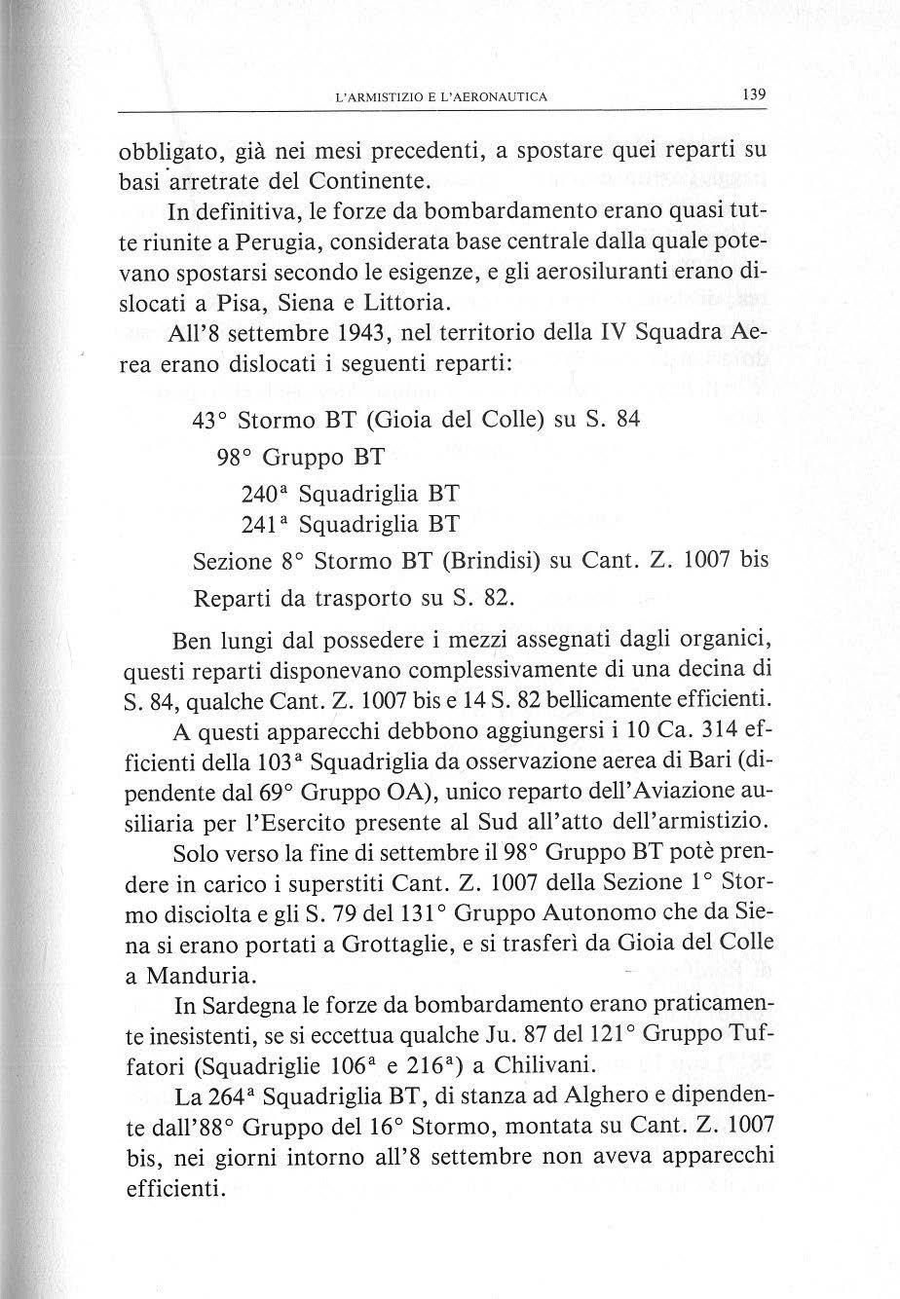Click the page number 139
click(754, 95)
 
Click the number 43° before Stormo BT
click(210, 422)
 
